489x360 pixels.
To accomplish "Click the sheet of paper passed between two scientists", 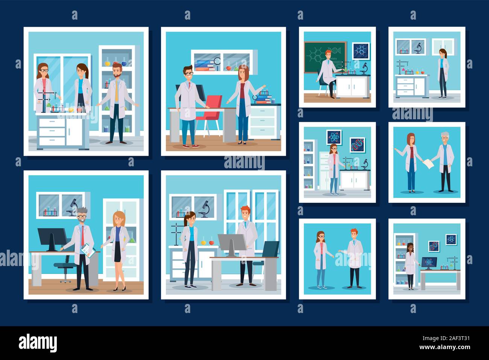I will click(428, 164).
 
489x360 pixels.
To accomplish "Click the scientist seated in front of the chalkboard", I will click(327, 74).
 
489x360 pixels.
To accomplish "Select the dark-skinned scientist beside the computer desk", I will click(410, 265).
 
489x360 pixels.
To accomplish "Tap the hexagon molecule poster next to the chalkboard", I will click(360, 50).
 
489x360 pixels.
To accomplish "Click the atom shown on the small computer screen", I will click(427, 262).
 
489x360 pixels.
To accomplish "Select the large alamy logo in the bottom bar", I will click(38, 343).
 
